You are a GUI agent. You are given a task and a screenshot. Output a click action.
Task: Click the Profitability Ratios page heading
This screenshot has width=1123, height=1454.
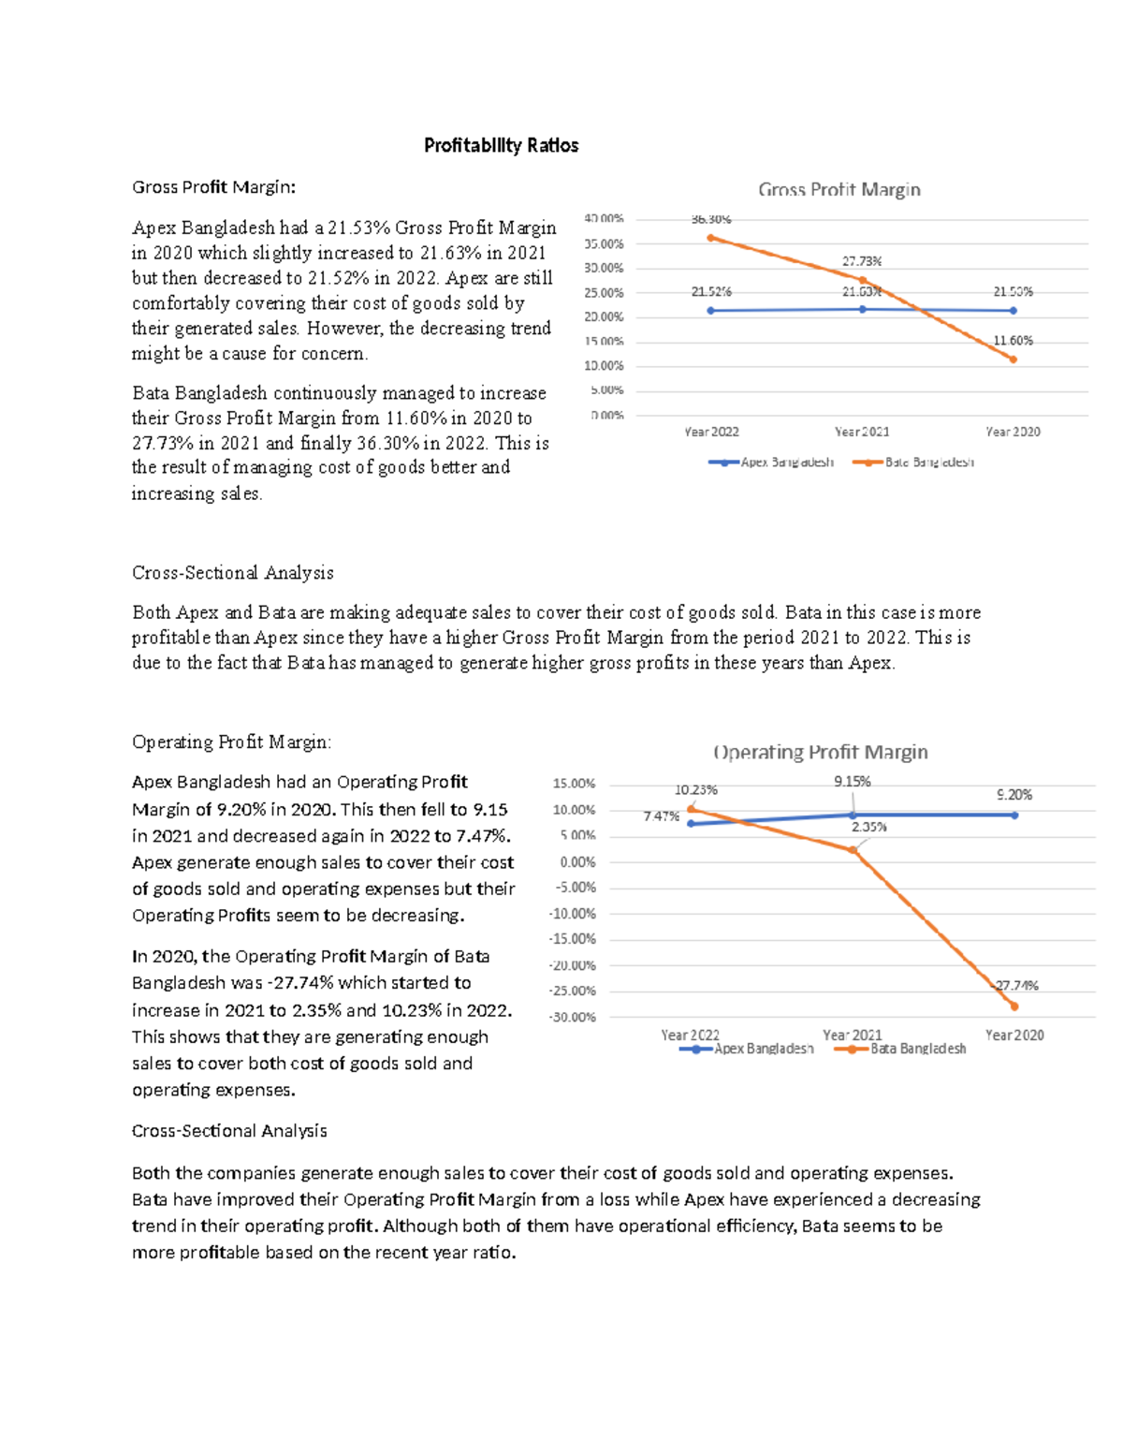point(501,145)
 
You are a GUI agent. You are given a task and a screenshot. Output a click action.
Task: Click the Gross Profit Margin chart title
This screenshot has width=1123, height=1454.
point(839,189)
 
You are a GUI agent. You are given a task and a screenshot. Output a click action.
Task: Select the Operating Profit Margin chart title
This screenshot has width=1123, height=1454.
point(820,752)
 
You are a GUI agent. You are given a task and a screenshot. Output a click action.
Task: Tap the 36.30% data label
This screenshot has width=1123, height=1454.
point(710,219)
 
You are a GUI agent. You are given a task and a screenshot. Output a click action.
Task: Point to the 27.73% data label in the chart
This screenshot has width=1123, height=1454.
point(861,261)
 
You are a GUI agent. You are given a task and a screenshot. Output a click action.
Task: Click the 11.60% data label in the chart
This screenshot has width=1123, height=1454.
point(1013,341)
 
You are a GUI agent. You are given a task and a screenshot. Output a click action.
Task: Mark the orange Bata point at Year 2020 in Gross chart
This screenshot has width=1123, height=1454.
point(1013,359)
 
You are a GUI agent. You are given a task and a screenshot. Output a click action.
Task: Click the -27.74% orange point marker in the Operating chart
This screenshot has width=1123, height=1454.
point(1014,1006)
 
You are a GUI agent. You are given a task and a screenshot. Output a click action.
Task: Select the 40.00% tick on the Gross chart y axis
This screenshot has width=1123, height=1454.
point(604,218)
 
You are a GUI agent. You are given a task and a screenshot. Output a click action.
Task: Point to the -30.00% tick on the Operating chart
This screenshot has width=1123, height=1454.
point(573,1017)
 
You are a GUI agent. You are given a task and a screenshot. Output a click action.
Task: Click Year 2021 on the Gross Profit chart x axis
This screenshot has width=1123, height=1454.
point(861,432)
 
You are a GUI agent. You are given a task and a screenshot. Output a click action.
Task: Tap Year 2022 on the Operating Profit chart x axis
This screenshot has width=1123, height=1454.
point(690,1035)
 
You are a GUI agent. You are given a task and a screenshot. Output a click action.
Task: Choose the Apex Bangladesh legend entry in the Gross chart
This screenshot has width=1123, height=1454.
point(771,463)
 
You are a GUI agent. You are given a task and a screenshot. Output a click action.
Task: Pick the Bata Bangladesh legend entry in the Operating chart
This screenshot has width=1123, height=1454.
point(900,1049)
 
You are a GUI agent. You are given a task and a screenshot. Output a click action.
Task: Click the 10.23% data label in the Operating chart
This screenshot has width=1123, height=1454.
point(695,790)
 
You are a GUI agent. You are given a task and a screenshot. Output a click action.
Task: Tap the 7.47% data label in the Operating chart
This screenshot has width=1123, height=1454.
point(661,816)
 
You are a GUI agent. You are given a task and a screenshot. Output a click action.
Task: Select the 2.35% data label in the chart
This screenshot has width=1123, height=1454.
point(868,827)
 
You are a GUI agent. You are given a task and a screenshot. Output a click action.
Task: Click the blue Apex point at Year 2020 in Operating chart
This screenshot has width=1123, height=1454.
point(1014,815)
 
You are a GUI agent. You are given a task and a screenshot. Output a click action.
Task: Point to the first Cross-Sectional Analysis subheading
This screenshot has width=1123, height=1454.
point(232,572)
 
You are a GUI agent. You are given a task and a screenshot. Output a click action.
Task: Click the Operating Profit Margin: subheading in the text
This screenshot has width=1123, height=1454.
point(231,742)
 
